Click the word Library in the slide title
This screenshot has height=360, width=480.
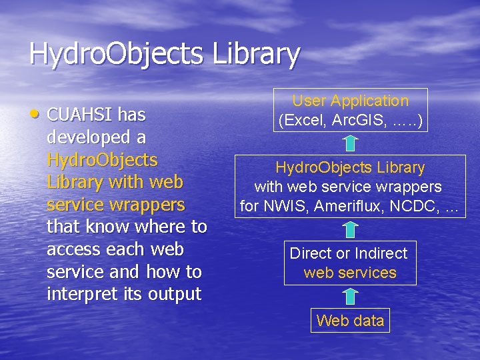click(256, 54)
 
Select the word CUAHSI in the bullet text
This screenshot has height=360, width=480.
click(81, 115)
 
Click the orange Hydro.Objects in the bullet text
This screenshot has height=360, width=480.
click(102, 160)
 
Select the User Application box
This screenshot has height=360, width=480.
click(350, 110)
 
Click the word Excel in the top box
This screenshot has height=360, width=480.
click(304, 121)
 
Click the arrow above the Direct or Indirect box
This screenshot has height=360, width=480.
click(350, 229)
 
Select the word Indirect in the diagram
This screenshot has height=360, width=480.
click(381, 253)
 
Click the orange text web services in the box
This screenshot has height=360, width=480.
click(350, 273)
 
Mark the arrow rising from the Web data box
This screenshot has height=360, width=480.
click(350, 297)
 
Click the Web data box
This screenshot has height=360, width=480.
click(350, 321)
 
